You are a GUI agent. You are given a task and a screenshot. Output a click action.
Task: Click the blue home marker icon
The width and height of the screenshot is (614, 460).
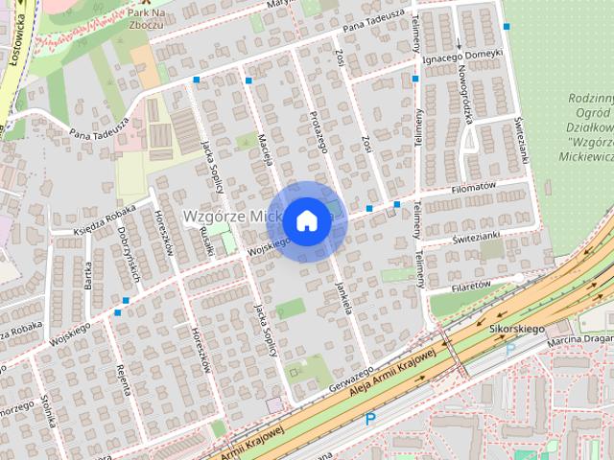coord(306,220)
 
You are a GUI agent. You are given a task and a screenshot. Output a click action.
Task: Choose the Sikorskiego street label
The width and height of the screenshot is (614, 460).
coord(516,329)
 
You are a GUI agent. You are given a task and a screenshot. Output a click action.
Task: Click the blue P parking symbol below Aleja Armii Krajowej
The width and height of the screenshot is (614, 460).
coord(370,419)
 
